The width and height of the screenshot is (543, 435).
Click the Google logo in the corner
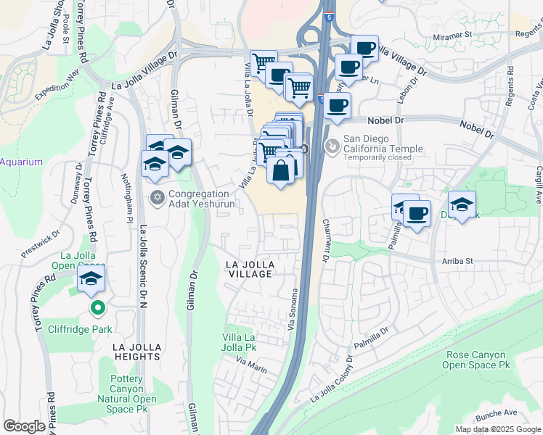point(24,426)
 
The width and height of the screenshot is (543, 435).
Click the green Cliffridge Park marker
point(97,309)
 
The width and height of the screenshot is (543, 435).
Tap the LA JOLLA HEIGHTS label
point(136,352)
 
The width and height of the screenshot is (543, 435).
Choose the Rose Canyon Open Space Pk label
point(476,360)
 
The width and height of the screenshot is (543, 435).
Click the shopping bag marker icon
point(281,171)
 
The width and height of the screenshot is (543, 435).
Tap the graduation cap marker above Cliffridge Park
point(91,279)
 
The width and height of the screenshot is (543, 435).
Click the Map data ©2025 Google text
point(497,429)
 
